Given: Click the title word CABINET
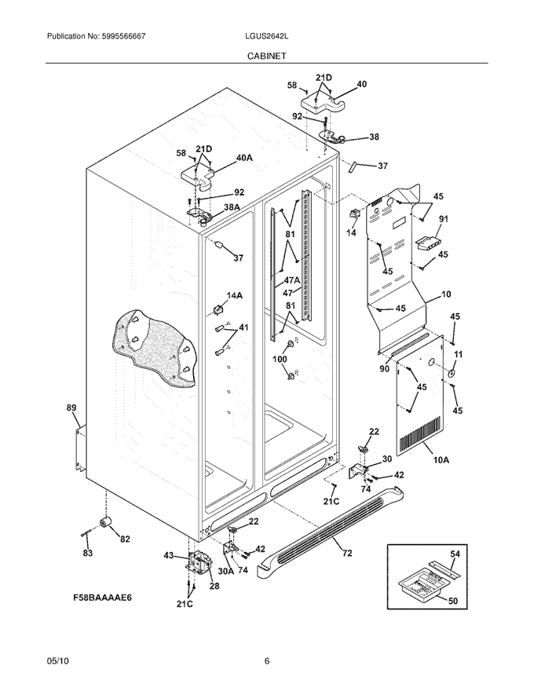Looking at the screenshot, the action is click(266, 56).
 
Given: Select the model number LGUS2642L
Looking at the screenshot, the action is click(266, 37).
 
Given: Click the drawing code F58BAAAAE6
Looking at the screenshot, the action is click(103, 598).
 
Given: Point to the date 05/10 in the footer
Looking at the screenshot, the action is click(55, 660).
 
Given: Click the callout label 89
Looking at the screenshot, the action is click(71, 408).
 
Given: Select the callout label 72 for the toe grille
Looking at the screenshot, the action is click(347, 553).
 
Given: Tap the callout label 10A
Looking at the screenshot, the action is click(441, 460).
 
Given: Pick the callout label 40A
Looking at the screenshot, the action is click(244, 157).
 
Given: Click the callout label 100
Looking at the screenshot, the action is click(280, 359).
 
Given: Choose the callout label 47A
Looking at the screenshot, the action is click(292, 280).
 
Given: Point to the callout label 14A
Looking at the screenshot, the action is click(234, 296).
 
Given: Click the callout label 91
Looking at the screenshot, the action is click(443, 218).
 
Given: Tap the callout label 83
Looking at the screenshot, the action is click(88, 553).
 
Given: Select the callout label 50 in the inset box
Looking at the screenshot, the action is click(453, 601).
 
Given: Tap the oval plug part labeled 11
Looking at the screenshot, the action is click(452, 374).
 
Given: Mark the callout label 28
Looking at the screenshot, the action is click(214, 586).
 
